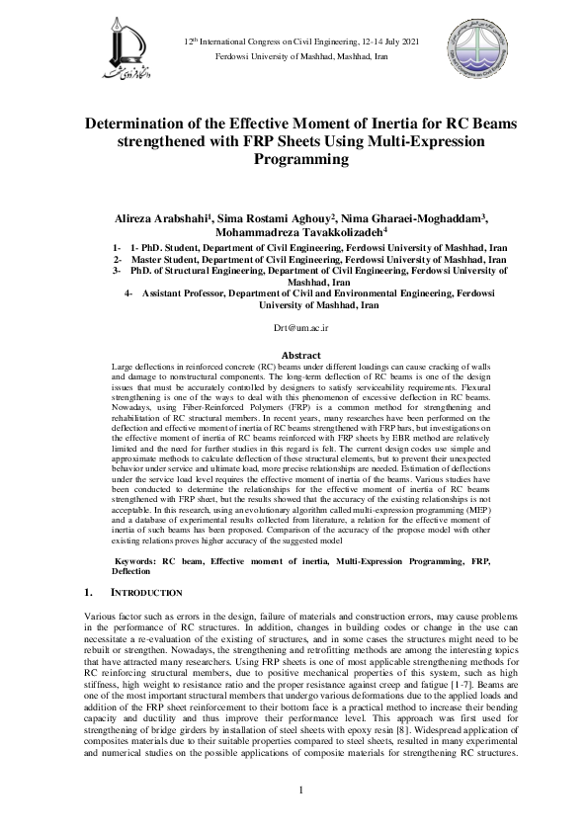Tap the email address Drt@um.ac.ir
pyautogui.click(x=294, y=325)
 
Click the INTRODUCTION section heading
pyautogui.click(x=146, y=592)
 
